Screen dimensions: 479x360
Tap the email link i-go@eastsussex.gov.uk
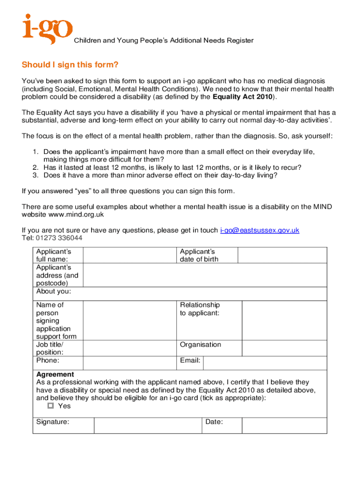click(259, 230)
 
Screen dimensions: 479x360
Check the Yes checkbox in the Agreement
click(51, 406)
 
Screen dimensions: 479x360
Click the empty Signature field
click(147, 425)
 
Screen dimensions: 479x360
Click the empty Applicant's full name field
click(130, 255)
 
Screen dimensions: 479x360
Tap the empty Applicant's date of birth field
click(282, 255)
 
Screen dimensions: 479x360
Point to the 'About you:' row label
click(54, 291)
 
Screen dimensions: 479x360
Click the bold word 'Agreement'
click(55, 374)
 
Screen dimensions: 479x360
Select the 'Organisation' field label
click(201, 345)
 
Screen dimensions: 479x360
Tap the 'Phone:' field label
click(48, 361)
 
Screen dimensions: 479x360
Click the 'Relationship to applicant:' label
click(200, 309)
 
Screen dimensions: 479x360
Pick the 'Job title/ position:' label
click(50, 348)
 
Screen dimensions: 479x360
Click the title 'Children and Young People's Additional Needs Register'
click(164, 41)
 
